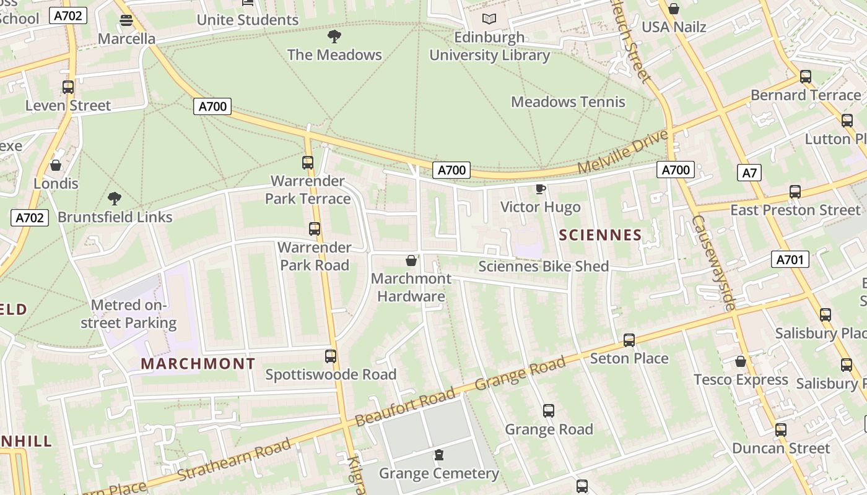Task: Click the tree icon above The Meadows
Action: (334, 37)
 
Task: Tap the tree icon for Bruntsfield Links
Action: (115, 199)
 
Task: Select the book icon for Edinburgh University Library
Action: (489, 19)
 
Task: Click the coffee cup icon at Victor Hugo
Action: (540, 189)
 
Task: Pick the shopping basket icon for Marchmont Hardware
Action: (411, 260)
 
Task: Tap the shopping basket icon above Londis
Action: (56, 165)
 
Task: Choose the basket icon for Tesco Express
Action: (740, 361)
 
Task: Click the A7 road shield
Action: (749, 173)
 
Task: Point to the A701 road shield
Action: (790, 259)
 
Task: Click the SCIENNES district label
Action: (600, 235)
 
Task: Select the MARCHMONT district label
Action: (198, 364)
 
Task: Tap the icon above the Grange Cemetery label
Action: (439, 455)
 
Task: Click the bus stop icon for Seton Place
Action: (629, 340)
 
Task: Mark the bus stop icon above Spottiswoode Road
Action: (331, 356)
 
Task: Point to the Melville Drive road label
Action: (623, 152)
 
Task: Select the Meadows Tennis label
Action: (568, 102)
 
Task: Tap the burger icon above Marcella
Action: (126, 20)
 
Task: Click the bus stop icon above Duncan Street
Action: (781, 429)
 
